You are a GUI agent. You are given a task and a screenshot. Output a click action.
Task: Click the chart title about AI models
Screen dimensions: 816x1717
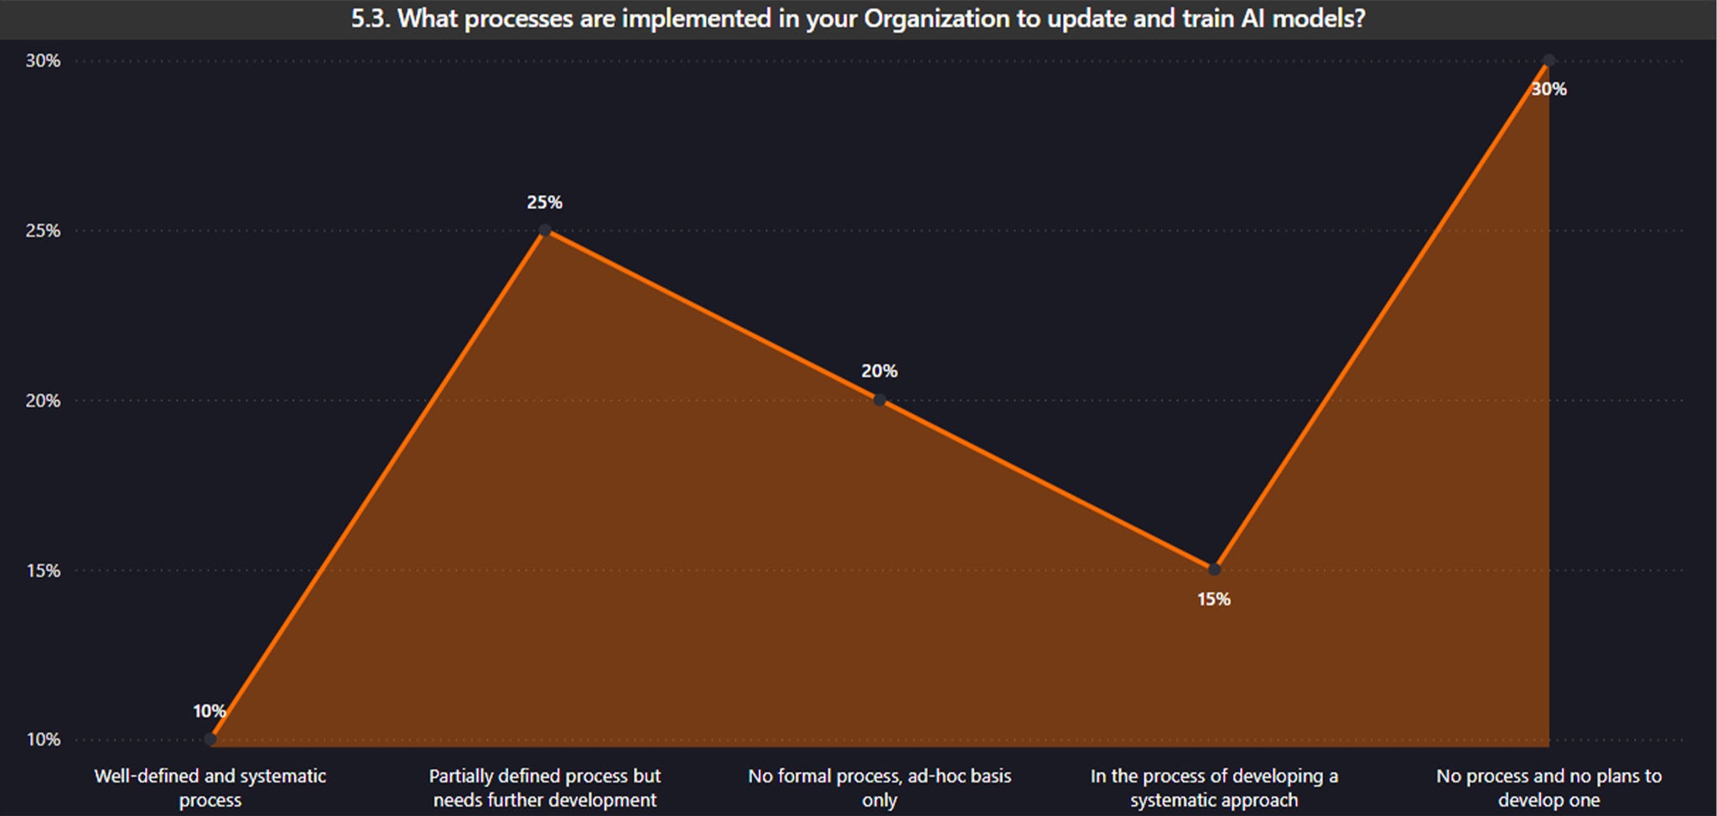pos(858,18)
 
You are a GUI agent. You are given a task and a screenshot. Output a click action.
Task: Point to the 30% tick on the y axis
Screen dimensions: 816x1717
pos(43,60)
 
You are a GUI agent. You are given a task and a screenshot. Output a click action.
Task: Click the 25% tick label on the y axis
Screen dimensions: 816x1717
pos(43,231)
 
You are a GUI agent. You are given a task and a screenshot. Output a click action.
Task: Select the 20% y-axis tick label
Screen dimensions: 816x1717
pos(43,401)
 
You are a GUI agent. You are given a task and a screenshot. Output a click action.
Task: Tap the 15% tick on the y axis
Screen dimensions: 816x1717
pos(43,571)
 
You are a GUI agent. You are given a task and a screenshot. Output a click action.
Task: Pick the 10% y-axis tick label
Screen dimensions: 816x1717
pos(43,740)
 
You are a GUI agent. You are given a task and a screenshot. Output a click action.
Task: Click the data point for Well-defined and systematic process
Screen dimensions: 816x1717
pos(210,740)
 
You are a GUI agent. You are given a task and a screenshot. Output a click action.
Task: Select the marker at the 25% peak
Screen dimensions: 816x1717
pos(545,231)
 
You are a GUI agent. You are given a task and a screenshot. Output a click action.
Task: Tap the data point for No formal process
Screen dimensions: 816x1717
pos(879,401)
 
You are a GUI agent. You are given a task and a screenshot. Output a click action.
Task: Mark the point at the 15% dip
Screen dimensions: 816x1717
pos(1214,570)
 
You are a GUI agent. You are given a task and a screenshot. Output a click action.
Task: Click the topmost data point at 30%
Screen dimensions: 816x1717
pos(1548,61)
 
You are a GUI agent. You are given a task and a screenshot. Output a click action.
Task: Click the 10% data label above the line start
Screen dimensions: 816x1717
pos(209,711)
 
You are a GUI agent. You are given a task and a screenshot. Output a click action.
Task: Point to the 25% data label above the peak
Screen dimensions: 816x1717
pos(545,202)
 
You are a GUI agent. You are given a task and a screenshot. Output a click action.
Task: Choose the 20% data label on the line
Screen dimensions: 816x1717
pos(879,371)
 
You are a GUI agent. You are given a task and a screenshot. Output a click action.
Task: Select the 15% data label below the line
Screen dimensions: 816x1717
pos(1214,599)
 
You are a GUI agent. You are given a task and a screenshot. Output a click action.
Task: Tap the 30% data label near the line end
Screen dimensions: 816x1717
pos(1548,89)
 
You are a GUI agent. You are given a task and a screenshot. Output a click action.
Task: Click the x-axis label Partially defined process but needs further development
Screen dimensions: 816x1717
pos(545,787)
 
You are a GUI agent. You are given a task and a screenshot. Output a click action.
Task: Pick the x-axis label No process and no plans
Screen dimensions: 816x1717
pos(1548,787)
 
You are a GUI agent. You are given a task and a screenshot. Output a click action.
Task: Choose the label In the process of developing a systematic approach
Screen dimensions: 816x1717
pos(1214,787)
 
